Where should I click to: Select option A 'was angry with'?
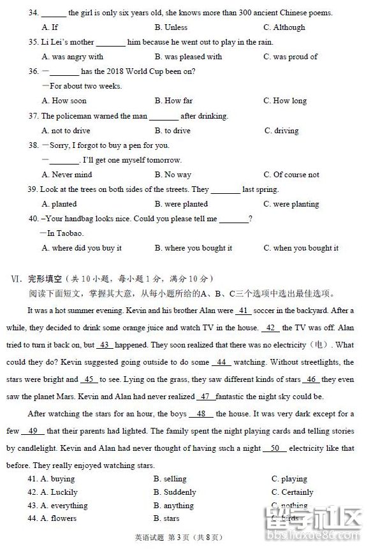pos(73,57)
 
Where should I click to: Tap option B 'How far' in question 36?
pos(173,101)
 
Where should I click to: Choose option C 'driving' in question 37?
pos(282,131)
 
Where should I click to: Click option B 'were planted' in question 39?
pos(181,204)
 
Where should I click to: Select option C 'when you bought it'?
pos(302,248)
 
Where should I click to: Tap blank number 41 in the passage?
pos(243,311)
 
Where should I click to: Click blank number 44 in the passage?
pos(221,362)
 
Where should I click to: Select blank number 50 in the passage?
pos(275,448)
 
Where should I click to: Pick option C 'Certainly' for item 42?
pos(293,492)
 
